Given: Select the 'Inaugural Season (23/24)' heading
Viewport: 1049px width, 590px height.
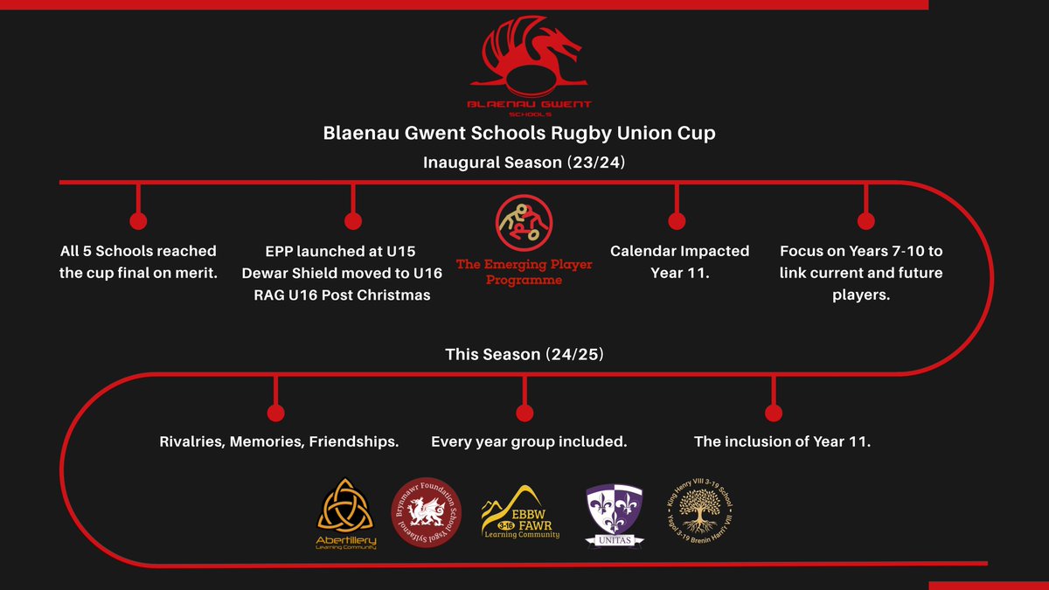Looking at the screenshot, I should [x=524, y=163].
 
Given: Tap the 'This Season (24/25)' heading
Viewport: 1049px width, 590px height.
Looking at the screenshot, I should [x=524, y=356].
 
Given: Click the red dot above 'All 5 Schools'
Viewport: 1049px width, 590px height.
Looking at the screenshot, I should [x=137, y=220].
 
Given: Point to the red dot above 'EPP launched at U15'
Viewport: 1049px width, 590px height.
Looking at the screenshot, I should [x=353, y=220].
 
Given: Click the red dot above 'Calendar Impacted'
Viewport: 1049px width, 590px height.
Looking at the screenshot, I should [x=676, y=220].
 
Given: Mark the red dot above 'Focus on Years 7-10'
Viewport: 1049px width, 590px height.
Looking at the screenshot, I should [x=865, y=220].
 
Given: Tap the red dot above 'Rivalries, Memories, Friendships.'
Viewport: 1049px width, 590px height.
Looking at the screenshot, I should [x=275, y=413].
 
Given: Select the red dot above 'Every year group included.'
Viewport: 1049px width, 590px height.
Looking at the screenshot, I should [x=524, y=413].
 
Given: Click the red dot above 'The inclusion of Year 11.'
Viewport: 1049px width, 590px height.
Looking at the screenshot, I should [x=772, y=413].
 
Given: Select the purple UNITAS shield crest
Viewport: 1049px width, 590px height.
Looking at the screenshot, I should [x=614, y=515].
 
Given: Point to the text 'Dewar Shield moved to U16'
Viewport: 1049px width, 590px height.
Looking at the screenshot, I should [x=342, y=273].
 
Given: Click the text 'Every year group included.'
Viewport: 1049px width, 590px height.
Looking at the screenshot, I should [x=529, y=441].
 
